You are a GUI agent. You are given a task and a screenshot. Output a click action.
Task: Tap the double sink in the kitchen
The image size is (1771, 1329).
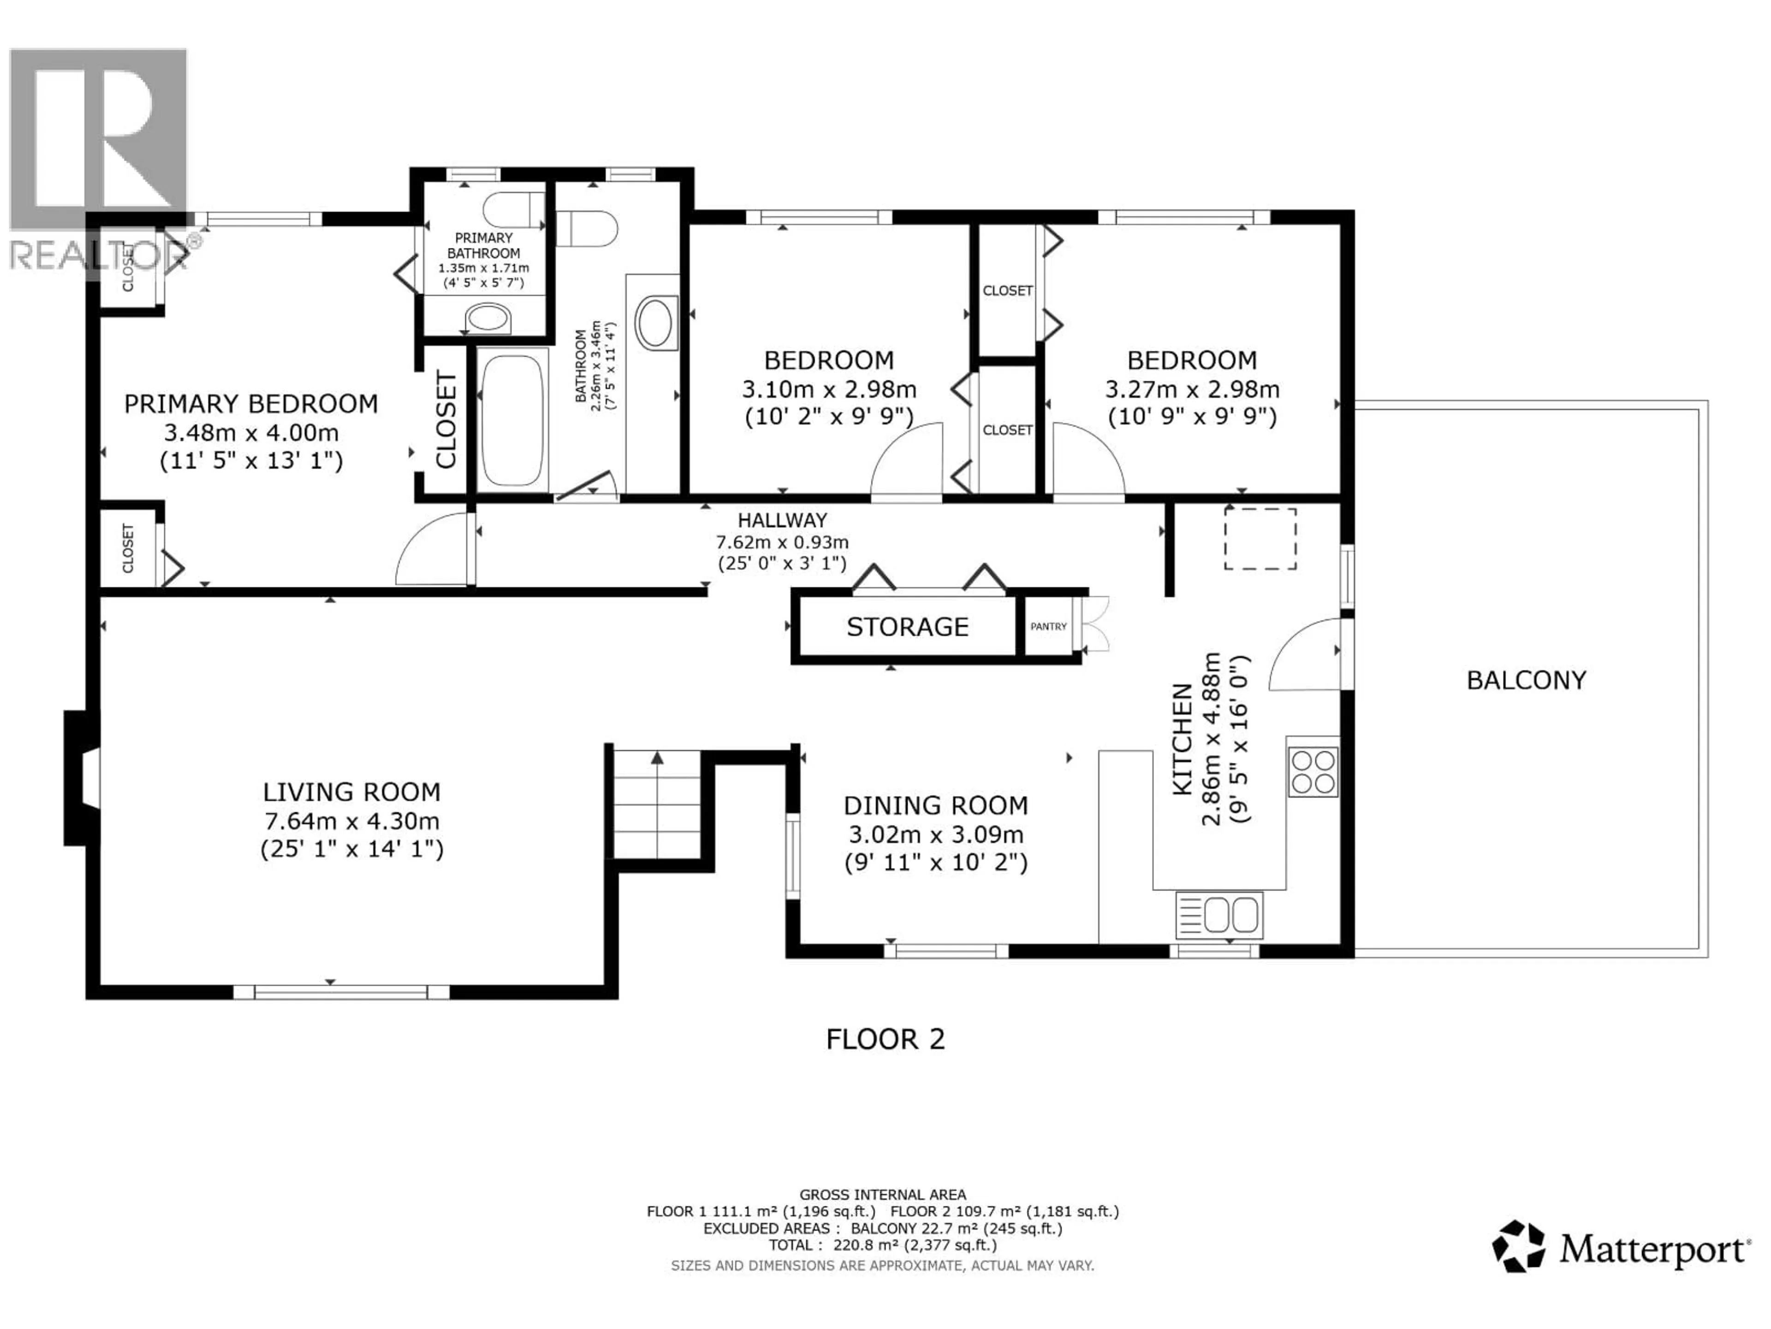pyautogui.click(x=1219, y=915)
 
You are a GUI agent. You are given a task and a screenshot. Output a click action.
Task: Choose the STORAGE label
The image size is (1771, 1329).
pyautogui.click(x=907, y=627)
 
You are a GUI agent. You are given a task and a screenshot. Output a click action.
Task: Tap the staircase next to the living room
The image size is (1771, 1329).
pyautogui.click(x=657, y=803)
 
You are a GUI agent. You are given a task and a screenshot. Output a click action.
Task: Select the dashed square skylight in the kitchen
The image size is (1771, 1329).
pyautogui.click(x=1260, y=539)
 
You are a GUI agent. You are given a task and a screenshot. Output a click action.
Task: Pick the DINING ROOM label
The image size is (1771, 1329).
pyautogui.click(x=935, y=805)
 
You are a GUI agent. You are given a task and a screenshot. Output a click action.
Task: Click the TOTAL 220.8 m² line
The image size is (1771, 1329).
pyautogui.click(x=882, y=1245)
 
